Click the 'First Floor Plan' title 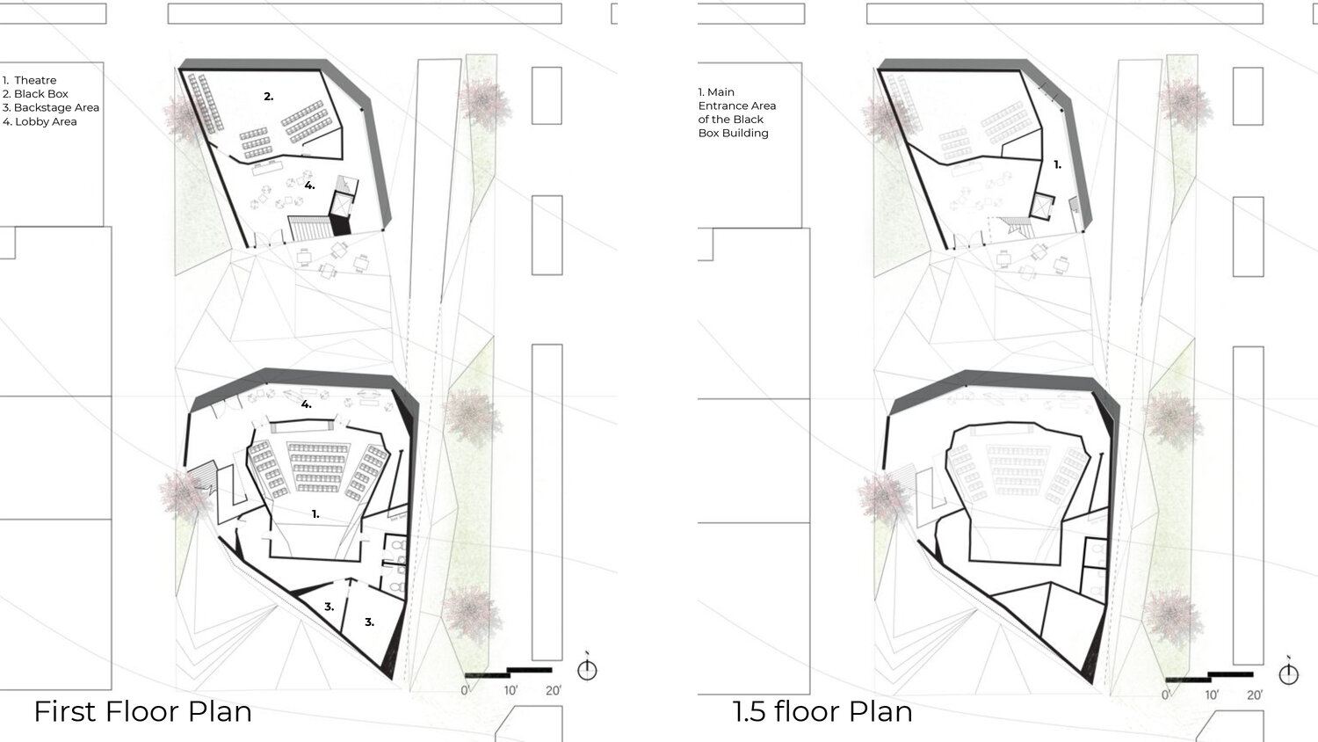pyautogui.click(x=143, y=711)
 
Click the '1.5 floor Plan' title pyautogui.click(x=822, y=711)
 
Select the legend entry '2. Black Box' pyautogui.click(x=35, y=94)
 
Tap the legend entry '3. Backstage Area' pyautogui.click(x=51, y=108)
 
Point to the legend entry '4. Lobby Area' pyautogui.click(x=40, y=122)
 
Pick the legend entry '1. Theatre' pyautogui.click(x=29, y=80)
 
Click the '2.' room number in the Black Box pyautogui.click(x=268, y=97)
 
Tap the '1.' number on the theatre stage pyautogui.click(x=315, y=514)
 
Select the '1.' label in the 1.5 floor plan pyautogui.click(x=1057, y=165)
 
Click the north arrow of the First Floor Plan pyautogui.click(x=587, y=668)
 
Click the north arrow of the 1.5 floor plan pyautogui.click(x=1289, y=673)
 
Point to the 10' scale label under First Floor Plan pyautogui.click(x=511, y=690)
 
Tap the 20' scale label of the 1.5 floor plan pyautogui.click(x=1255, y=695)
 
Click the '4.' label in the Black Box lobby pyautogui.click(x=309, y=185)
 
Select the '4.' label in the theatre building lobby pyautogui.click(x=307, y=404)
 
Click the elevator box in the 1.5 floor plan pyautogui.click(x=1043, y=207)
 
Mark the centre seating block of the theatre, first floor pyautogui.click(x=318, y=467)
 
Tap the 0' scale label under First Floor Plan pyautogui.click(x=465, y=690)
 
